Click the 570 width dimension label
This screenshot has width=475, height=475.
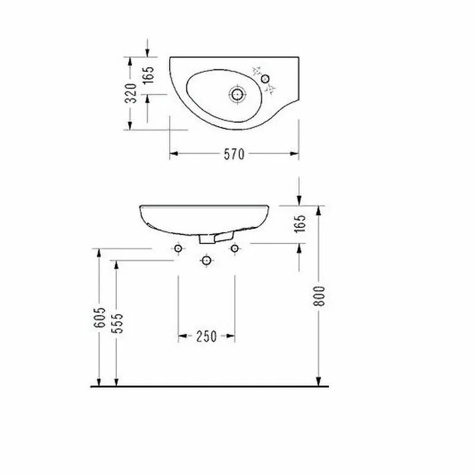point(234,154)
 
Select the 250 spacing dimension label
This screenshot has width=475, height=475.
point(206,337)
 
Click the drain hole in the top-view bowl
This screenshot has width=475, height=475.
point(237,93)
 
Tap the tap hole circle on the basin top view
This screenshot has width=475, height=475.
point(265,79)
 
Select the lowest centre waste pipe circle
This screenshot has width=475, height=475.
point(206,260)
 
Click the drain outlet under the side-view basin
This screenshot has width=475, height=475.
point(207,238)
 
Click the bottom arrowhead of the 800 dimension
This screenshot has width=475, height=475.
point(319,381)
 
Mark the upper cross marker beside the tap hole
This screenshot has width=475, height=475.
point(257,70)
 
